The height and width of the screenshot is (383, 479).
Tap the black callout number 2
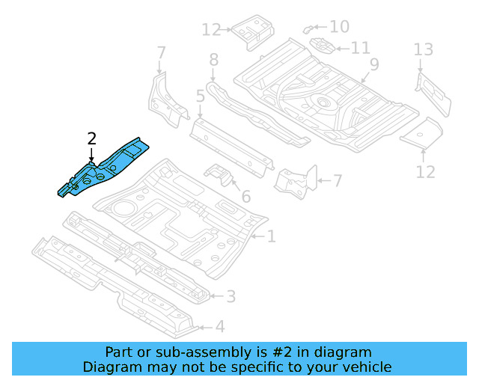[91, 138]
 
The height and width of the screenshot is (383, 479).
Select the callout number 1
[271, 237]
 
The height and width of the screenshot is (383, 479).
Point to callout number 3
[231, 297]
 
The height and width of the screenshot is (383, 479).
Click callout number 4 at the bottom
[219, 326]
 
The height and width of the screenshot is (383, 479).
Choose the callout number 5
[200, 96]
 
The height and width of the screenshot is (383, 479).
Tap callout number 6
[245, 198]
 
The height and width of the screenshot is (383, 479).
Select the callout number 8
[213, 59]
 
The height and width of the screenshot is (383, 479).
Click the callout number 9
[373, 64]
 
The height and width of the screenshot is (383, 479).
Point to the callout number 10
[339, 27]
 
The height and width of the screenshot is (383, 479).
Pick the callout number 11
[360, 49]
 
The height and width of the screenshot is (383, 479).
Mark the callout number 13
[424, 50]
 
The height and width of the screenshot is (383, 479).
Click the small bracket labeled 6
[219, 174]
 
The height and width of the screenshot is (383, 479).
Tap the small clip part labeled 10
[308, 28]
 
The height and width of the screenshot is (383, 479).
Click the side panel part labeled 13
[433, 94]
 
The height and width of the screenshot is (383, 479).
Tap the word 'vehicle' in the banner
[365, 367]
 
